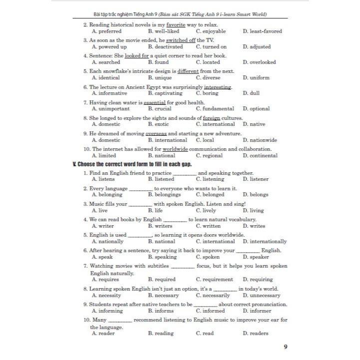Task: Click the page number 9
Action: coord(285,346)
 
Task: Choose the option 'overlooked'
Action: coord(263,62)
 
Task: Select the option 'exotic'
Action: coord(162,124)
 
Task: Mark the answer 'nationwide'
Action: coord(263,140)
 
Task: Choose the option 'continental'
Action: coord(263,156)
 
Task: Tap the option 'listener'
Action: coord(259,179)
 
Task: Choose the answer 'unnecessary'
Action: coord(265,295)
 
